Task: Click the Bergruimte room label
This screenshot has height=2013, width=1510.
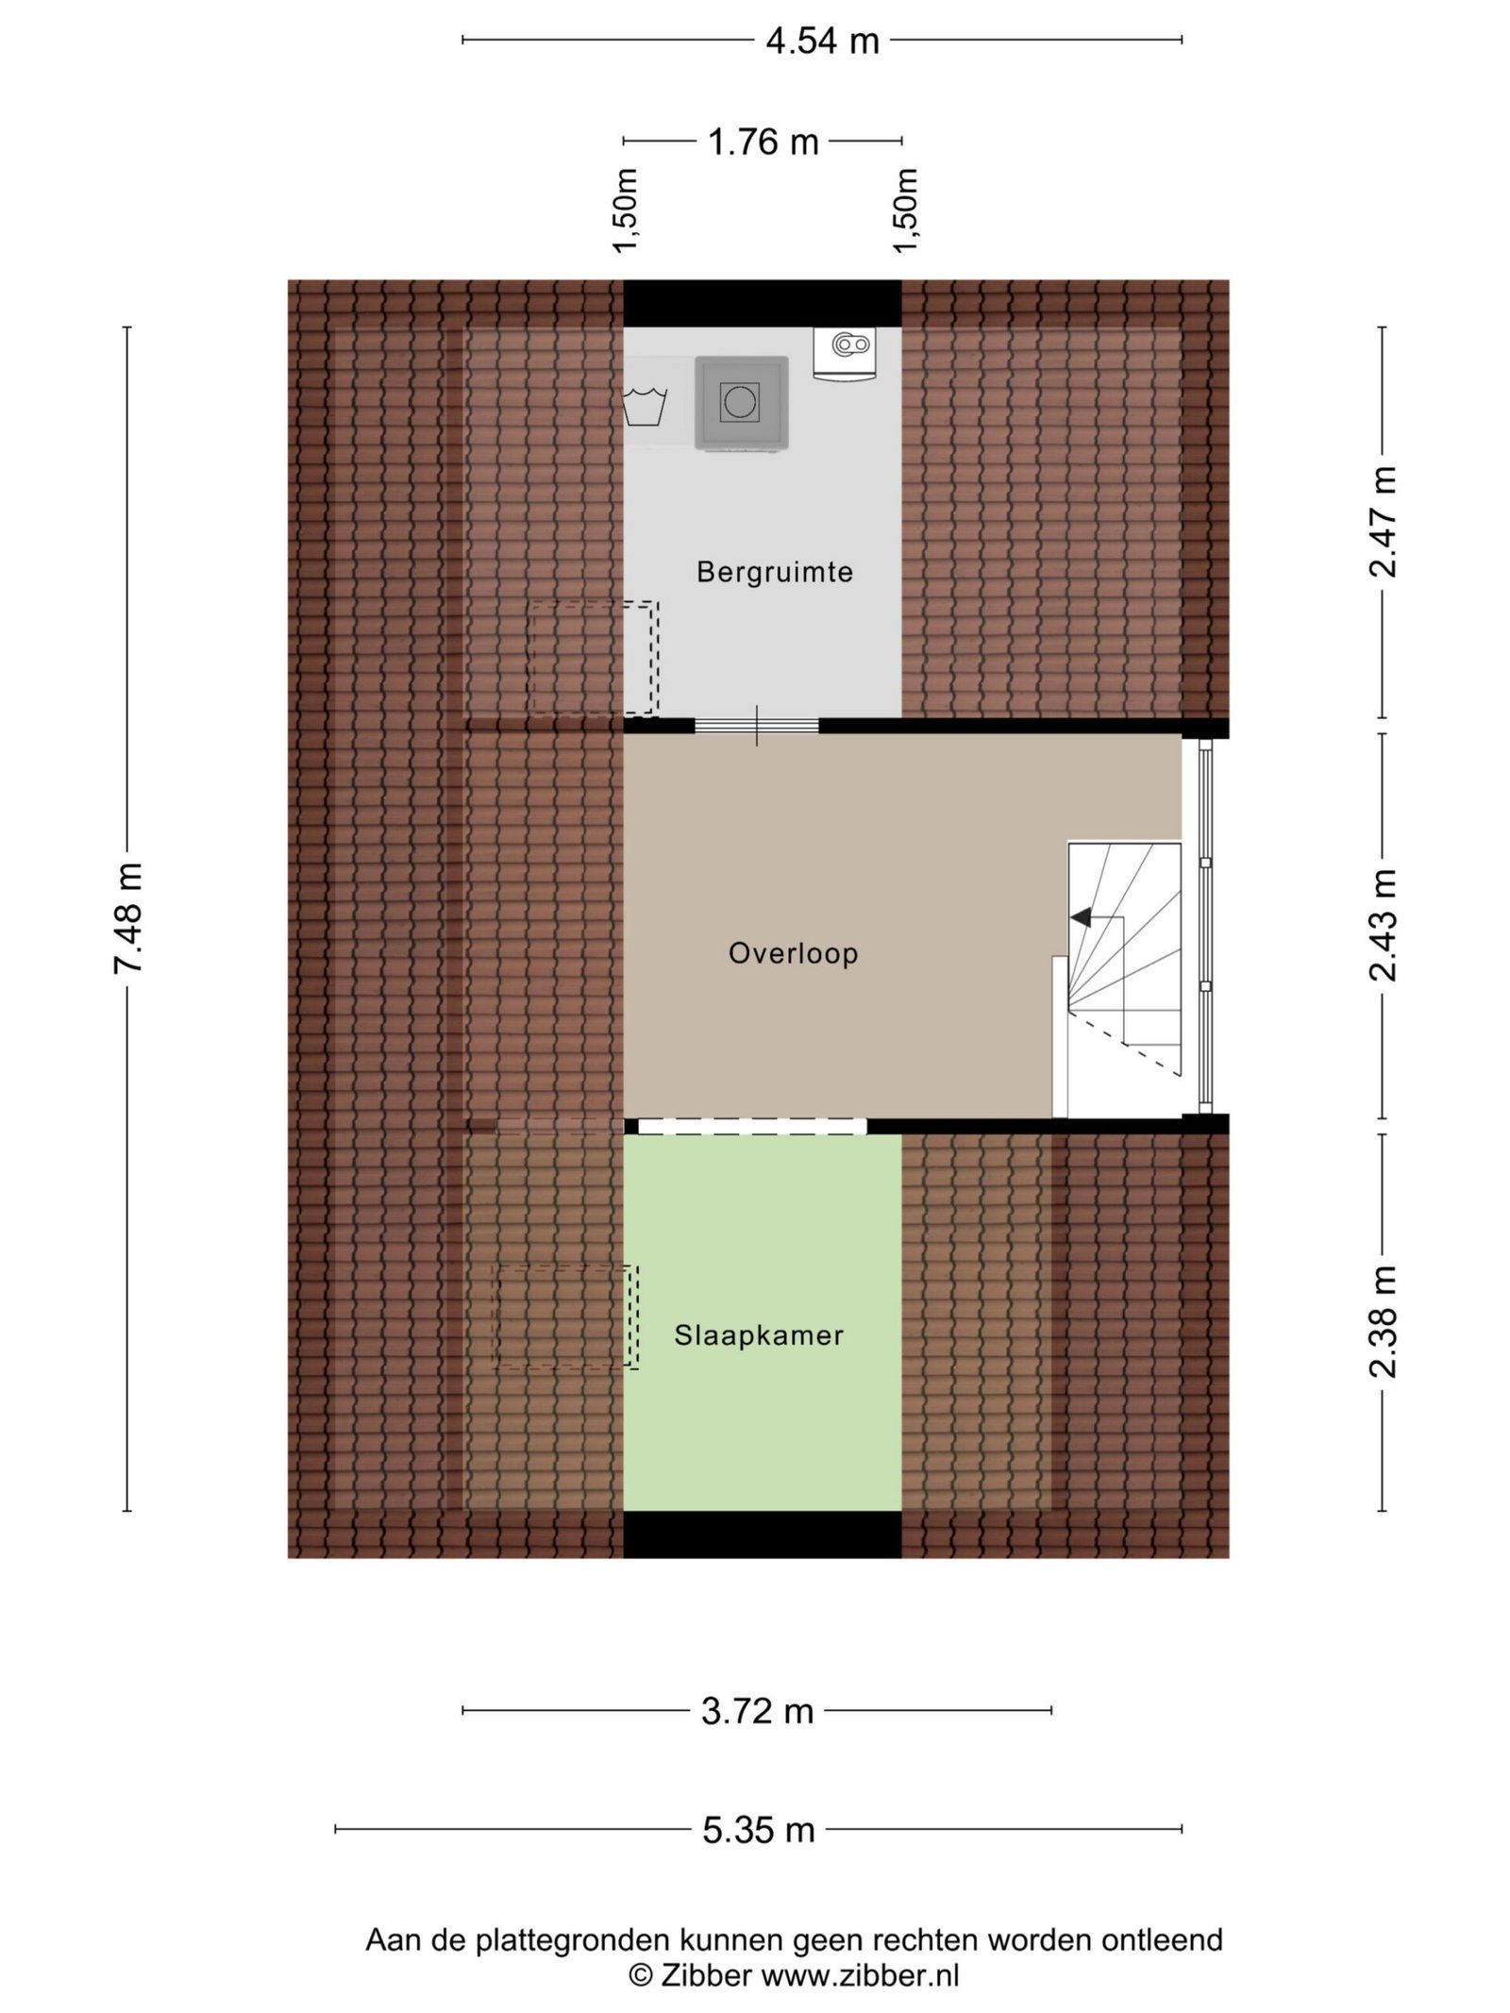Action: point(774,572)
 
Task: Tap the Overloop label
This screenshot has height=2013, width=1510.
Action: point(793,953)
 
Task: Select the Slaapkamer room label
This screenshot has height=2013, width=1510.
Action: point(759,1334)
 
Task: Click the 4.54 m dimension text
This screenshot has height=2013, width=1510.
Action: point(822,41)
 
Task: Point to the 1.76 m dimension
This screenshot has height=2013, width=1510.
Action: point(763,142)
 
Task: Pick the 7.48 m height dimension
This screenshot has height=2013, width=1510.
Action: point(128,917)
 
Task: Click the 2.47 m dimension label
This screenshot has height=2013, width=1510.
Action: point(1383,522)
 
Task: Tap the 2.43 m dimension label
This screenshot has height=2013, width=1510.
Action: point(1383,925)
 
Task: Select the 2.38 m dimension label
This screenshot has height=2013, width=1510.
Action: point(1383,1321)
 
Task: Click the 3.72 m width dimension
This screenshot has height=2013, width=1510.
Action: point(757,1711)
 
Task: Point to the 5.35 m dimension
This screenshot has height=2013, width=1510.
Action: point(758,1830)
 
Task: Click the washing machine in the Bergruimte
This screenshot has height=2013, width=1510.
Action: point(742,403)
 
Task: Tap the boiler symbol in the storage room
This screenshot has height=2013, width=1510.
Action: point(845,354)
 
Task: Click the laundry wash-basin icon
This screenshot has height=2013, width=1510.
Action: point(645,406)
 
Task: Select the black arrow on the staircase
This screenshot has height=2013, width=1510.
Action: point(1081,916)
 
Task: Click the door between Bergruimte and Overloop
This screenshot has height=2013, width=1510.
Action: point(757,726)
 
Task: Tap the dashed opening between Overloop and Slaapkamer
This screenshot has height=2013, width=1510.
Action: point(752,1126)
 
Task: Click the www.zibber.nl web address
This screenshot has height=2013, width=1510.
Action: point(860,1975)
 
